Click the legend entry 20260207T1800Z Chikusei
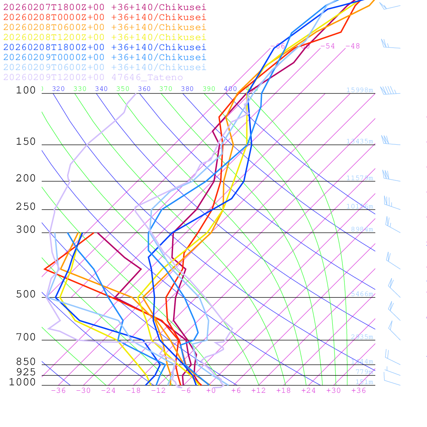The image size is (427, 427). [104, 7]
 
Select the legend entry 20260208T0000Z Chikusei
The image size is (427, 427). [104, 17]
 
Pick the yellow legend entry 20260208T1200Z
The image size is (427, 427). [104, 37]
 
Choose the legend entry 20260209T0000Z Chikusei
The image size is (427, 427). [104, 57]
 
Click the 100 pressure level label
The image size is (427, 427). [26, 90]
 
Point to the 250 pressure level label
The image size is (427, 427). [26, 207]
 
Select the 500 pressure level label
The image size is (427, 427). [26, 294]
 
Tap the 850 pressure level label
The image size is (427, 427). [26, 362]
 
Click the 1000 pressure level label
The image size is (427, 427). [23, 382]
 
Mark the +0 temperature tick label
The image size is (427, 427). [211, 390]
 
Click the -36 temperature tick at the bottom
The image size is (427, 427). [58, 390]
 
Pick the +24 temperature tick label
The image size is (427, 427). [309, 390]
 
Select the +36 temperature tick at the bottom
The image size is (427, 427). [359, 390]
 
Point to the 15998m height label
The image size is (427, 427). [359, 90]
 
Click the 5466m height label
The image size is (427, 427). [362, 294]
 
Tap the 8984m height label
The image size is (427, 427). [362, 229]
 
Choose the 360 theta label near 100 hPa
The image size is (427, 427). [144, 89]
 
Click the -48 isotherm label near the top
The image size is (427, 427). [352, 46]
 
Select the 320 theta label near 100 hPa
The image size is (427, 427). [58, 89]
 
